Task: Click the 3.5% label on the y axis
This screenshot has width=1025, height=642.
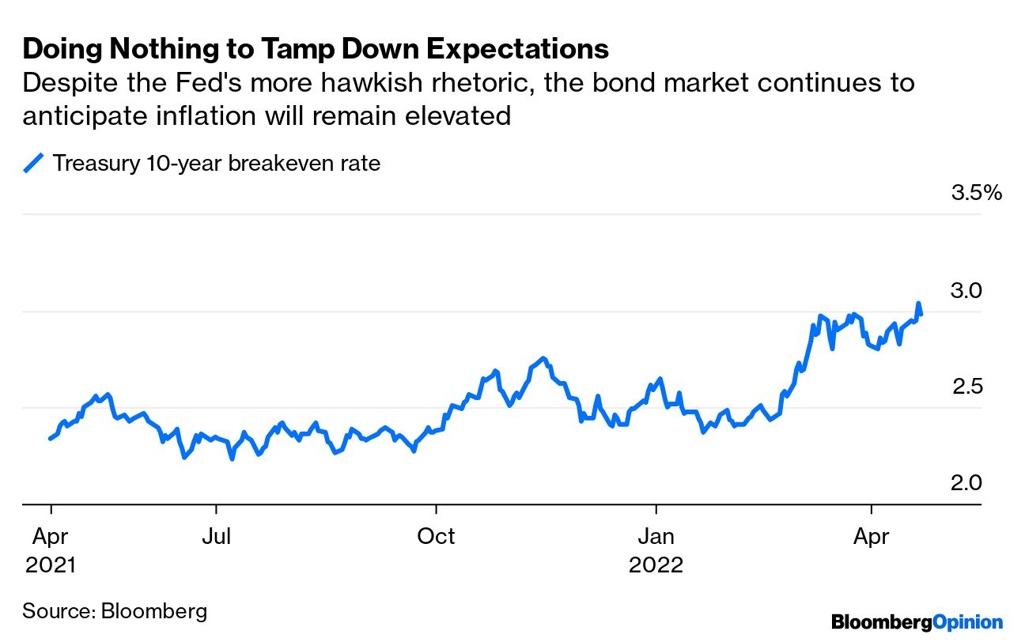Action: coord(976,193)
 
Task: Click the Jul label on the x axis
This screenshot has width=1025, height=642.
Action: coord(216,537)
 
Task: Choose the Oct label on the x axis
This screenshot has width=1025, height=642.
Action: coord(436,537)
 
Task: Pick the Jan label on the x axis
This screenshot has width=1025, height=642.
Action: coord(656,537)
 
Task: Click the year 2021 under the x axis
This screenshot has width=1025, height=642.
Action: coord(51,566)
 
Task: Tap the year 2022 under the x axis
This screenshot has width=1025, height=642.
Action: coord(656,566)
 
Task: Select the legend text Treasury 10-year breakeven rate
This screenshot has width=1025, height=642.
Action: coord(216,164)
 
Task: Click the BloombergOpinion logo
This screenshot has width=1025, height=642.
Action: coord(917,622)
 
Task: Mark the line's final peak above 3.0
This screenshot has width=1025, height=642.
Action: coord(918,304)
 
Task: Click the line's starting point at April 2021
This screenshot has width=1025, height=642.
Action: coord(51,438)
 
